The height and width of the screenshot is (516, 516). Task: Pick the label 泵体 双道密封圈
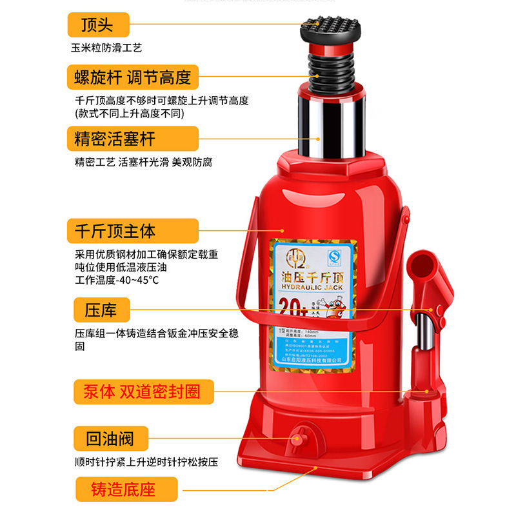pyautogui.click(x=141, y=392)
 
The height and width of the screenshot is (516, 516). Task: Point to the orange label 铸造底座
pyautogui.click(x=124, y=488)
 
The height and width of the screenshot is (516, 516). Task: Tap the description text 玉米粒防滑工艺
pyautogui.click(x=106, y=48)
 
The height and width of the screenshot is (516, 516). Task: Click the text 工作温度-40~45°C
pyautogui.click(x=117, y=280)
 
